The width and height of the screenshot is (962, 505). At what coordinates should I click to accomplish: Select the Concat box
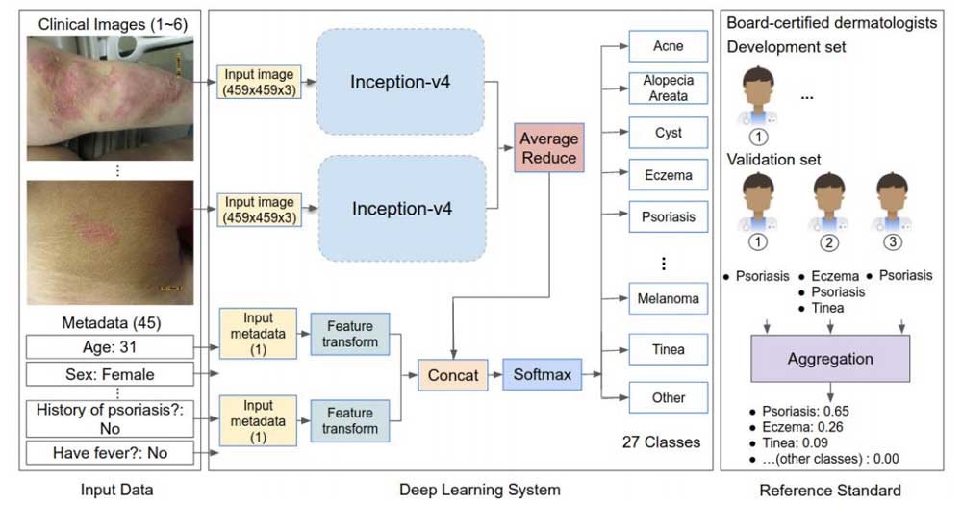click(x=452, y=375)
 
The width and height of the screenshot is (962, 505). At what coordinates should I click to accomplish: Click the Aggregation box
click(x=830, y=359)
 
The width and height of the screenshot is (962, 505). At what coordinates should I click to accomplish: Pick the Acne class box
click(x=668, y=46)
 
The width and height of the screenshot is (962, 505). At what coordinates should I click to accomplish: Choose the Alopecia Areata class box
click(x=668, y=88)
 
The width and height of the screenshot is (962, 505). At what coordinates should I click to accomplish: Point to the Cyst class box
click(x=668, y=133)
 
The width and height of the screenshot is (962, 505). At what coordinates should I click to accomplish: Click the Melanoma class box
click(x=668, y=299)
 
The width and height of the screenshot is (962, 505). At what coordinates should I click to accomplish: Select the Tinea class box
click(x=668, y=349)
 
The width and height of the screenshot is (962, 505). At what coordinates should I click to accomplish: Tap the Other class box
click(x=668, y=397)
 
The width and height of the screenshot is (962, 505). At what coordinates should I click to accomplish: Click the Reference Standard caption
click(x=829, y=491)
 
